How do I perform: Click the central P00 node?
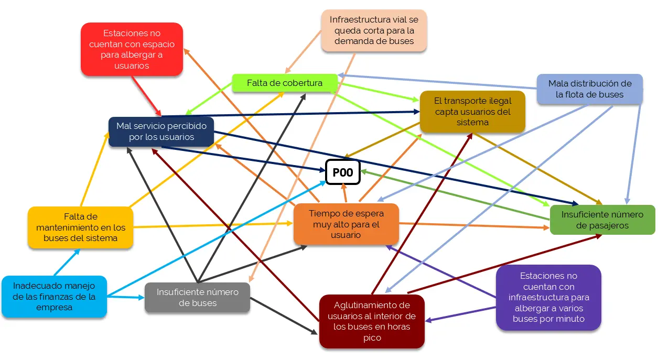pyautogui.click(x=343, y=172)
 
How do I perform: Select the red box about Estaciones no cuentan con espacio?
pyautogui.click(x=132, y=49)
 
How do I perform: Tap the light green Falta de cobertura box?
pyautogui.click(x=285, y=83)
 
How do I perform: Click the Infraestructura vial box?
pyautogui.click(x=374, y=30)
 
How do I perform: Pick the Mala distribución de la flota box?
pyautogui.click(x=589, y=89)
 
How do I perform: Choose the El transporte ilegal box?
pyautogui.click(x=472, y=111)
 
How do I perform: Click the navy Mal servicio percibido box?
pyautogui.click(x=161, y=131)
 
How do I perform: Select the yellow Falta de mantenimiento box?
pyautogui.click(x=80, y=227)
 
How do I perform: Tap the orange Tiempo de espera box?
pyautogui.click(x=346, y=224)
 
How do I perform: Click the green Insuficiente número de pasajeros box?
pyautogui.click(x=602, y=220)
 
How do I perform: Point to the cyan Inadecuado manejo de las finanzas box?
pyautogui.click(x=54, y=297)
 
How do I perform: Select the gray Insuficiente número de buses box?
pyautogui.click(x=197, y=297)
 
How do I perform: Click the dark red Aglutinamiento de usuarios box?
pyautogui.click(x=371, y=321)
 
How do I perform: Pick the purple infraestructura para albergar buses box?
pyautogui.click(x=548, y=297)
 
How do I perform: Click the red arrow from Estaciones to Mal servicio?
pyautogui.click(x=146, y=96)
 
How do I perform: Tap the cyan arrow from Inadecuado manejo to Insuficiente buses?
pyautogui.click(x=125, y=297)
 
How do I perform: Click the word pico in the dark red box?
pyautogui.click(x=371, y=338)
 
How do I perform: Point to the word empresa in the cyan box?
pyautogui.click(x=54, y=308)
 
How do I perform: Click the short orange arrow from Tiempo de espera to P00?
pyautogui.click(x=344, y=194)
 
